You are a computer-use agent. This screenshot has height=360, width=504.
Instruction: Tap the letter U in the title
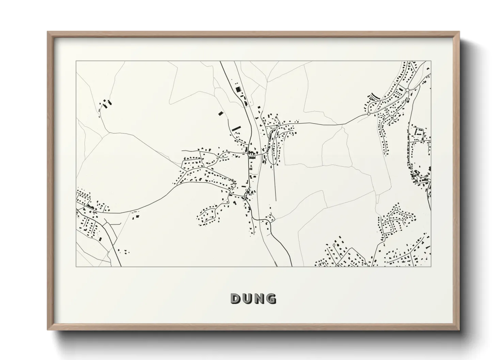[x=248, y=299]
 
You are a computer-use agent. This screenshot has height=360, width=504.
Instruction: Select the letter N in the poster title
[x=259, y=299]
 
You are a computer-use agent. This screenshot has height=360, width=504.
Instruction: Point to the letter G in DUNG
[x=271, y=299]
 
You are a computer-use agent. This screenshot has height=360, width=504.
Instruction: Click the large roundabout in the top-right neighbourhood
[x=407, y=90]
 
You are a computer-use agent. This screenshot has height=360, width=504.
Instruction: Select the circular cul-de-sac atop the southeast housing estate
[x=396, y=209]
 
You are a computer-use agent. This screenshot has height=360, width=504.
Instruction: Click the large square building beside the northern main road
[x=238, y=89]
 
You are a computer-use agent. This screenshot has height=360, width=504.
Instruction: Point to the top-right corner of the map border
[x=431, y=61]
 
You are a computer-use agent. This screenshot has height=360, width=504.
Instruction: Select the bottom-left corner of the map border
[x=76, y=266]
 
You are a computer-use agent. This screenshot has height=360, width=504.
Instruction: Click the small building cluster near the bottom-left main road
[x=126, y=252]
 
